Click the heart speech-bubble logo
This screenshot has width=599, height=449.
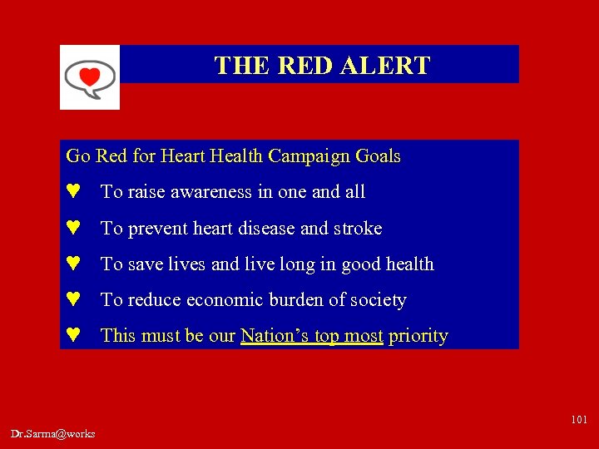pos(90,76)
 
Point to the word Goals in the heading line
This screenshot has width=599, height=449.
pos(378,156)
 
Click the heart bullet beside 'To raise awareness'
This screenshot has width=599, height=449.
pos(73,192)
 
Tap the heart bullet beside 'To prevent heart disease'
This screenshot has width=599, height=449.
pos(73,228)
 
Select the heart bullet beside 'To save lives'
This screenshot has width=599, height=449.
pos(73,264)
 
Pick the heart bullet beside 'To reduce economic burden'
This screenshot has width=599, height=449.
pos(73,300)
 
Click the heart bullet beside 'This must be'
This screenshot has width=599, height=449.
pos(73,336)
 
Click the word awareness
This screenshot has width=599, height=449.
pos(210,192)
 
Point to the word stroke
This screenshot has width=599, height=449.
pos(358,228)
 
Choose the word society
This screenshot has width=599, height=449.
pos(379,300)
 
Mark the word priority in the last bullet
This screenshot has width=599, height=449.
pos(418,336)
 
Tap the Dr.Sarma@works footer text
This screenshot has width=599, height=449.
pos(53,434)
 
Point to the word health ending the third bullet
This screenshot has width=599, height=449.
pos(406,264)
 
